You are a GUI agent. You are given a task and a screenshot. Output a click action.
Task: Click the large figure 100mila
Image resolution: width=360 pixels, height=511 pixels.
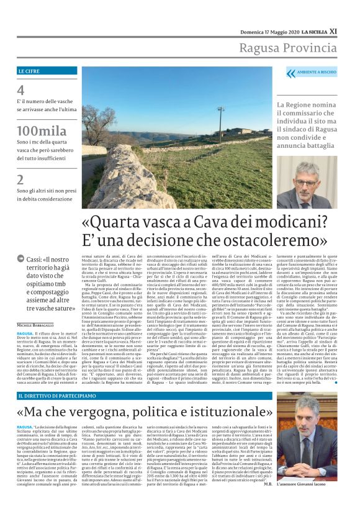point(38,132)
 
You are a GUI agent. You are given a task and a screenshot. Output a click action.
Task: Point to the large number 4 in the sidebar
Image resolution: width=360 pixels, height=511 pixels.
point(21,91)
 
